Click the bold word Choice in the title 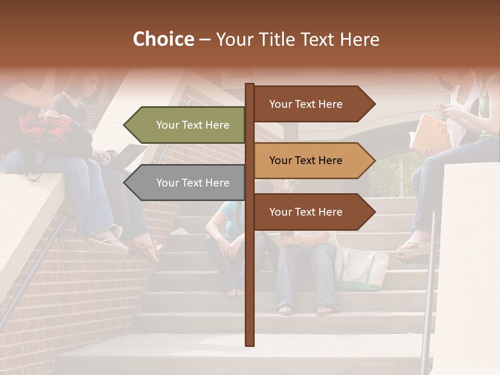163,40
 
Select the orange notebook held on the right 429,132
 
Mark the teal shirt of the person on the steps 225,214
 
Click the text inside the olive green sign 193,125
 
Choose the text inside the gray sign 193,183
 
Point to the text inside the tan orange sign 306,160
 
